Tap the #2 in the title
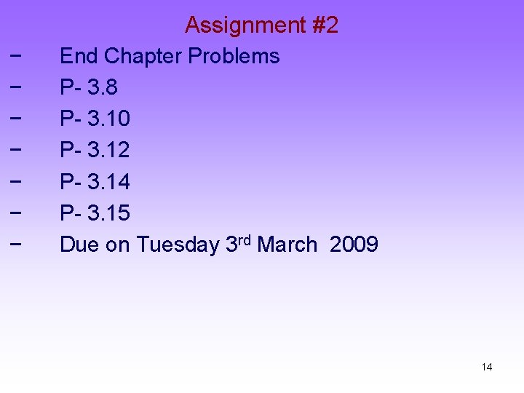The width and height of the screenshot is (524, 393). (325, 25)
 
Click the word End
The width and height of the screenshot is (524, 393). (79, 56)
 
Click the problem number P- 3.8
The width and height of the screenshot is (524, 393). (89, 87)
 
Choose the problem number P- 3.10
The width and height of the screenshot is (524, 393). (95, 119)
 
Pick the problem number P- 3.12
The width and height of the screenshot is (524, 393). (95, 150)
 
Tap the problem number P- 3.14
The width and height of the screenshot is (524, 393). (95, 181)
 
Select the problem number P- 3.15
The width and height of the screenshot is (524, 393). (95, 213)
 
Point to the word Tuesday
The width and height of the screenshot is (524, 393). (178, 245)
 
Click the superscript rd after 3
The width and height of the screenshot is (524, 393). (245, 239)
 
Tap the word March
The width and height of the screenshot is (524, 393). (287, 245)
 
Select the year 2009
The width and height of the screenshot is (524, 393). (354, 245)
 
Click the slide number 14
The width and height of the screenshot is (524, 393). (487, 367)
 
